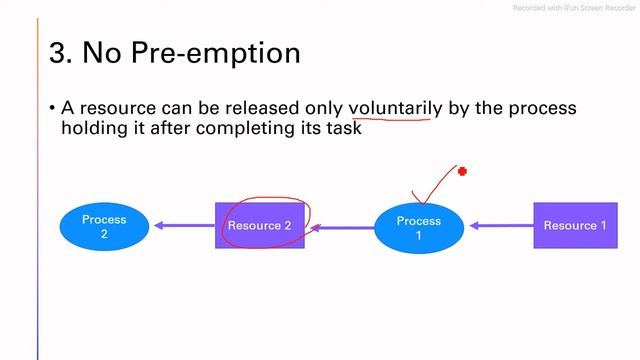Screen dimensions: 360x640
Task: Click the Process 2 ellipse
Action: click(x=104, y=226)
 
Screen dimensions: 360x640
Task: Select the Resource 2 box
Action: click(x=259, y=226)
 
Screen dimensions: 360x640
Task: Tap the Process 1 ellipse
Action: click(x=418, y=227)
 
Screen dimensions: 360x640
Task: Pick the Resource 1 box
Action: click(x=575, y=226)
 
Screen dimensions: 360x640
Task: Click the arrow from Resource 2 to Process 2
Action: click(x=181, y=226)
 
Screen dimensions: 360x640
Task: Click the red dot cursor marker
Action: click(x=462, y=172)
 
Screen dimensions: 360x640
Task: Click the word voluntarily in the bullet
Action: click(x=395, y=108)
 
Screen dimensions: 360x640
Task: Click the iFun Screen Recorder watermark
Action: click(x=574, y=8)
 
